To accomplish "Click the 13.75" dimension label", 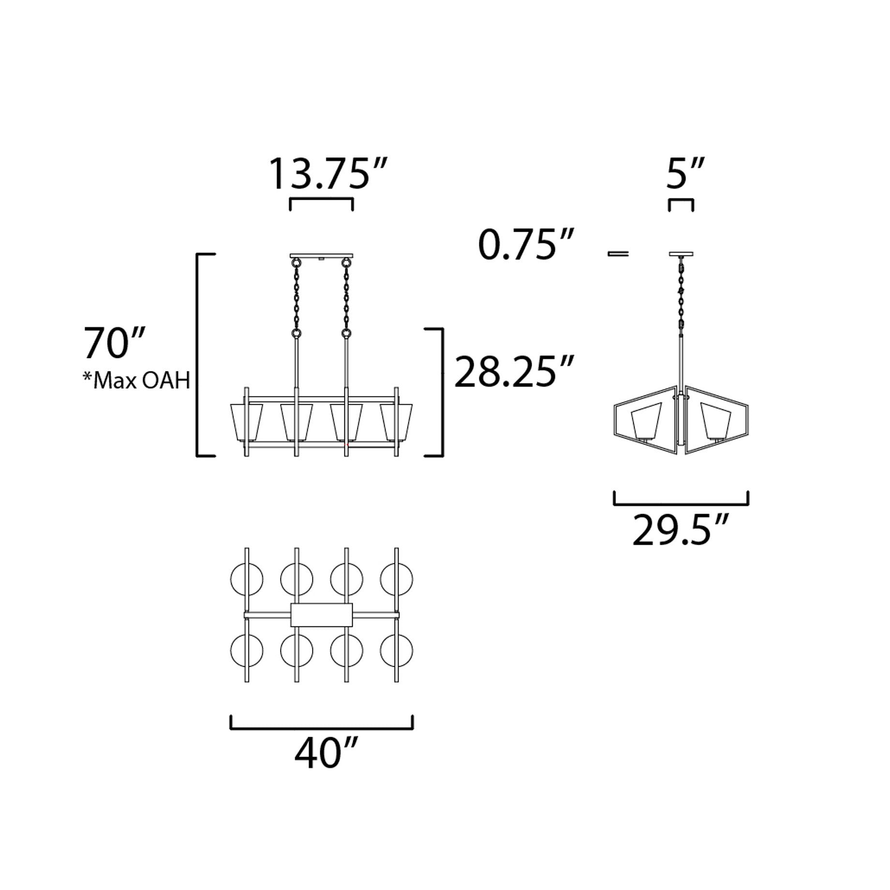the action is [328, 173].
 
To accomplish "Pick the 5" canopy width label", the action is [684, 173].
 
